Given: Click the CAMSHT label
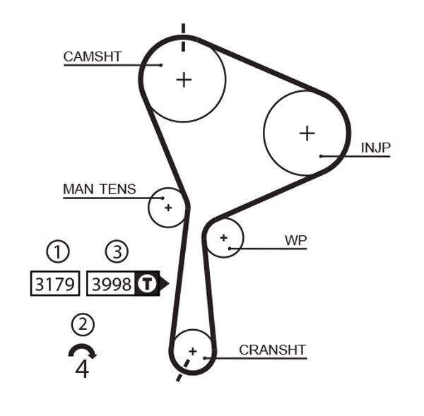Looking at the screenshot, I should (x=93, y=57).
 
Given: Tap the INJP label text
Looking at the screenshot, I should (x=375, y=147).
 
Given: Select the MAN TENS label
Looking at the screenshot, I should (x=99, y=189).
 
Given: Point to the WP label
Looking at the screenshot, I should (x=295, y=240).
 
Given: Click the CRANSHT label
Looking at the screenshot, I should (x=272, y=350).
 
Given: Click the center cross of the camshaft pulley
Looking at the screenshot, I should (x=184, y=79).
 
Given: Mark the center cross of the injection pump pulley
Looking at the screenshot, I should (x=307, y=133).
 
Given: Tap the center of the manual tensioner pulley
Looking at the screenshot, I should (x=168, y=208).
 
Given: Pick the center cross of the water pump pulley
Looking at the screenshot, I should (x=224, y=237).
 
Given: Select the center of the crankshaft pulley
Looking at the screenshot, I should (x=192, y=350).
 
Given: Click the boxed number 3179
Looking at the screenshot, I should (x=54, y=284).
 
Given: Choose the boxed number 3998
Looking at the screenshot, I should (x=112, y=284).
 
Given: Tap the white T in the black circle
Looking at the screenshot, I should (x=146, y=284).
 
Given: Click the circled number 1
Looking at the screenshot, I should (x=58, y=251).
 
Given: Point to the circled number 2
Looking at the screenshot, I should (x=83, y=324).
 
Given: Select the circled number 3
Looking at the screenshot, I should (x=117, y=251).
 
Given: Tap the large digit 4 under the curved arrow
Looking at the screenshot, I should (x=82, y=369).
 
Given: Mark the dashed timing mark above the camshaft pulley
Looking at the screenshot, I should (x=184, y=37).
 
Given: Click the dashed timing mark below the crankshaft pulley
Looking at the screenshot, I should (x=182, y=371).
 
